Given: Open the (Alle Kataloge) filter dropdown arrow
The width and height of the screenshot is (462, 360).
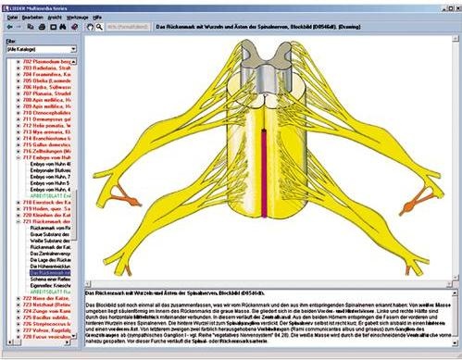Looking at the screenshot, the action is pos(72,49).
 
